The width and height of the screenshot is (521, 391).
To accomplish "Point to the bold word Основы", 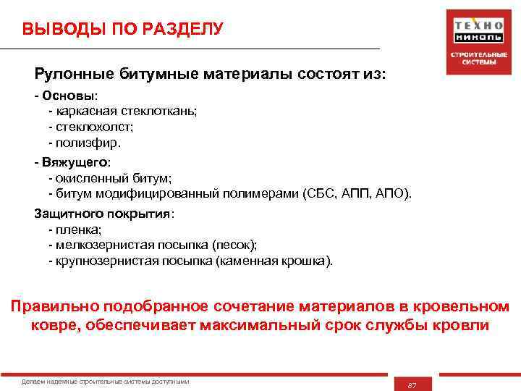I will [70, 96].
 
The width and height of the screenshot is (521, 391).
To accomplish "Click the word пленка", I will [77, 230].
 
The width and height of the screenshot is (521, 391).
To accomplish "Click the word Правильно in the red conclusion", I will [54, 307].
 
